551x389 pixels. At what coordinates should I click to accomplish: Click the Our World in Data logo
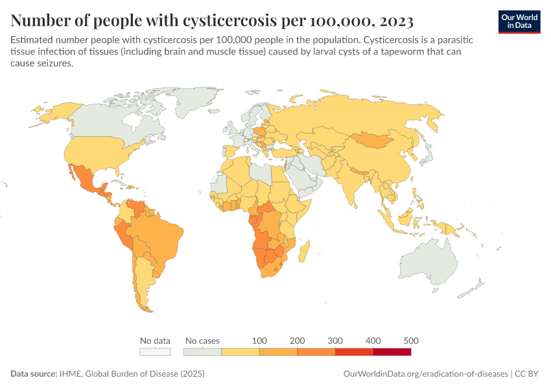(x=519, y=21)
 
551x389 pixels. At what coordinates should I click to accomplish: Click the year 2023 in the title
(x=392, y=21)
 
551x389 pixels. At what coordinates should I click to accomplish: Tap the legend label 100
(x=259, y=340)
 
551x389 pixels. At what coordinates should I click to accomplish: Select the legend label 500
(x=410, y=340)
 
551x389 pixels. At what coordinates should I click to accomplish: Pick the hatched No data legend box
(x=156, y=351)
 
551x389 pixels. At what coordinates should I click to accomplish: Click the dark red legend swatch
(x=392, y=351)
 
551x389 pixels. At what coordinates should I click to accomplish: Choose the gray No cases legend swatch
(x=202, y=351)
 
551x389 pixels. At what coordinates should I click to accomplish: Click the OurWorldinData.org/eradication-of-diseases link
(x=425, y=374)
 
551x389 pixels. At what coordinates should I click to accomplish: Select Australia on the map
(x=434, y=266)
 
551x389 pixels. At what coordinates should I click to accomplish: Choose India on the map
(x=353, y=182)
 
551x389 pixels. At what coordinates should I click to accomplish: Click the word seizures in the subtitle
(x=54, y=64)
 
